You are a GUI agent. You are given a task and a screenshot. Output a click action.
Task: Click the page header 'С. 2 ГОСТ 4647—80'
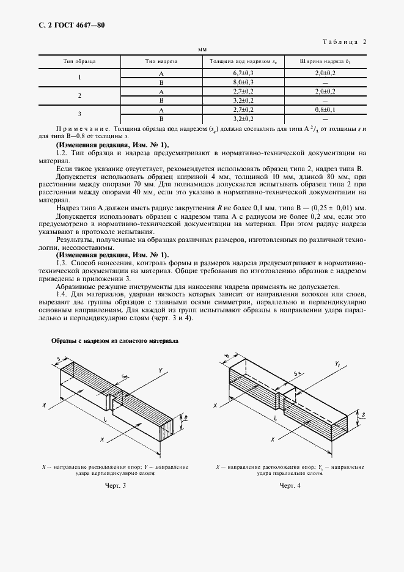pos(56,25)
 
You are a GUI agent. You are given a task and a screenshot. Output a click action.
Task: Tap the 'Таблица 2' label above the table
pos(343,42)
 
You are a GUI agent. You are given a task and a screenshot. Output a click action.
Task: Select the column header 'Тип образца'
pos(79,62)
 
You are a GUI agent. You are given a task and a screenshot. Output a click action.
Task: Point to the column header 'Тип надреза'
pos(161,62)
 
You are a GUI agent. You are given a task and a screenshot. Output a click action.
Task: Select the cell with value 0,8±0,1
pos(325,109)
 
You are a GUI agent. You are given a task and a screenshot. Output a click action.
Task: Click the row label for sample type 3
pos(79,114)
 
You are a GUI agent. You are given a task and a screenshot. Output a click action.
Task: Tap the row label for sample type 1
pos(79,77)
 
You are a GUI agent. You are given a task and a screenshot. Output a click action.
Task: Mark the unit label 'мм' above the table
pos(202,49)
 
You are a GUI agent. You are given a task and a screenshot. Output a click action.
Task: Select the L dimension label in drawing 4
pos(276,416)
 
